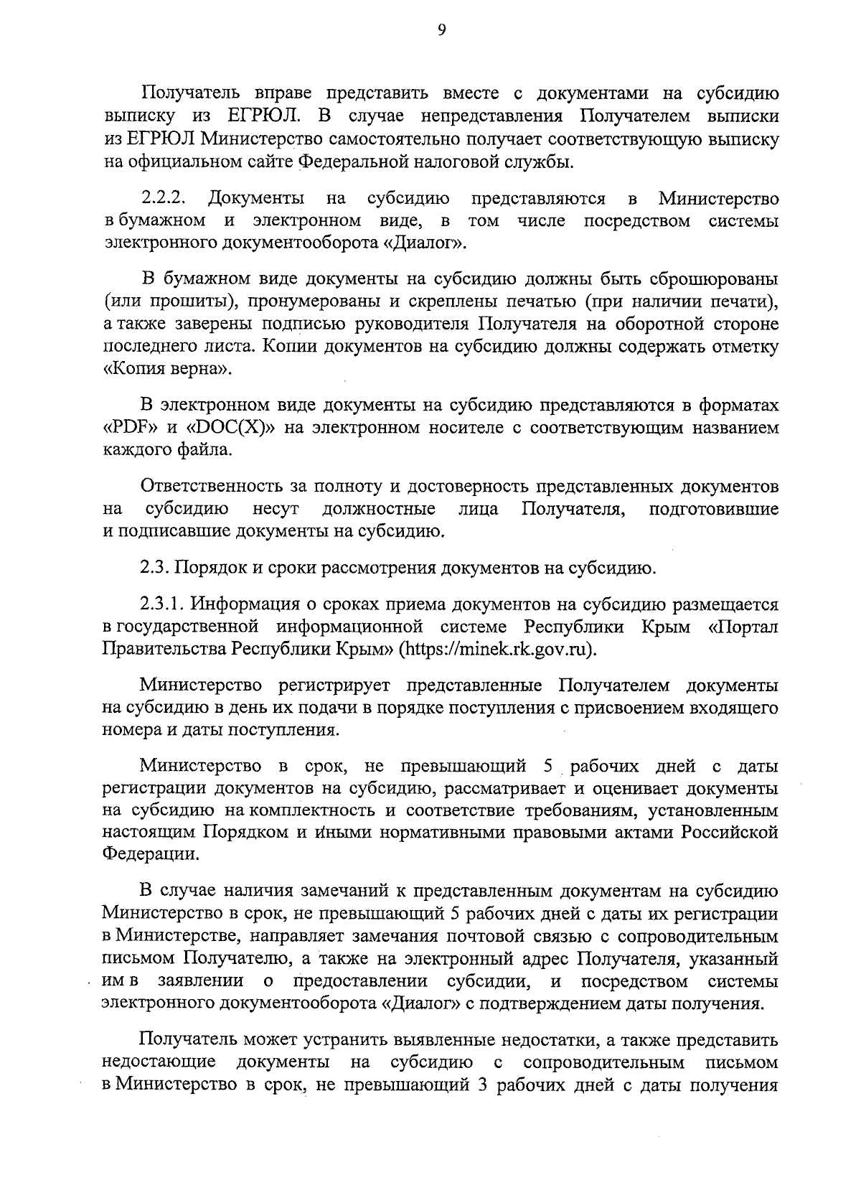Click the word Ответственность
click(x=222, y=487)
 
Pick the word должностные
click(x=378, y=510)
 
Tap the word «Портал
click(x=742, y=627)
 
